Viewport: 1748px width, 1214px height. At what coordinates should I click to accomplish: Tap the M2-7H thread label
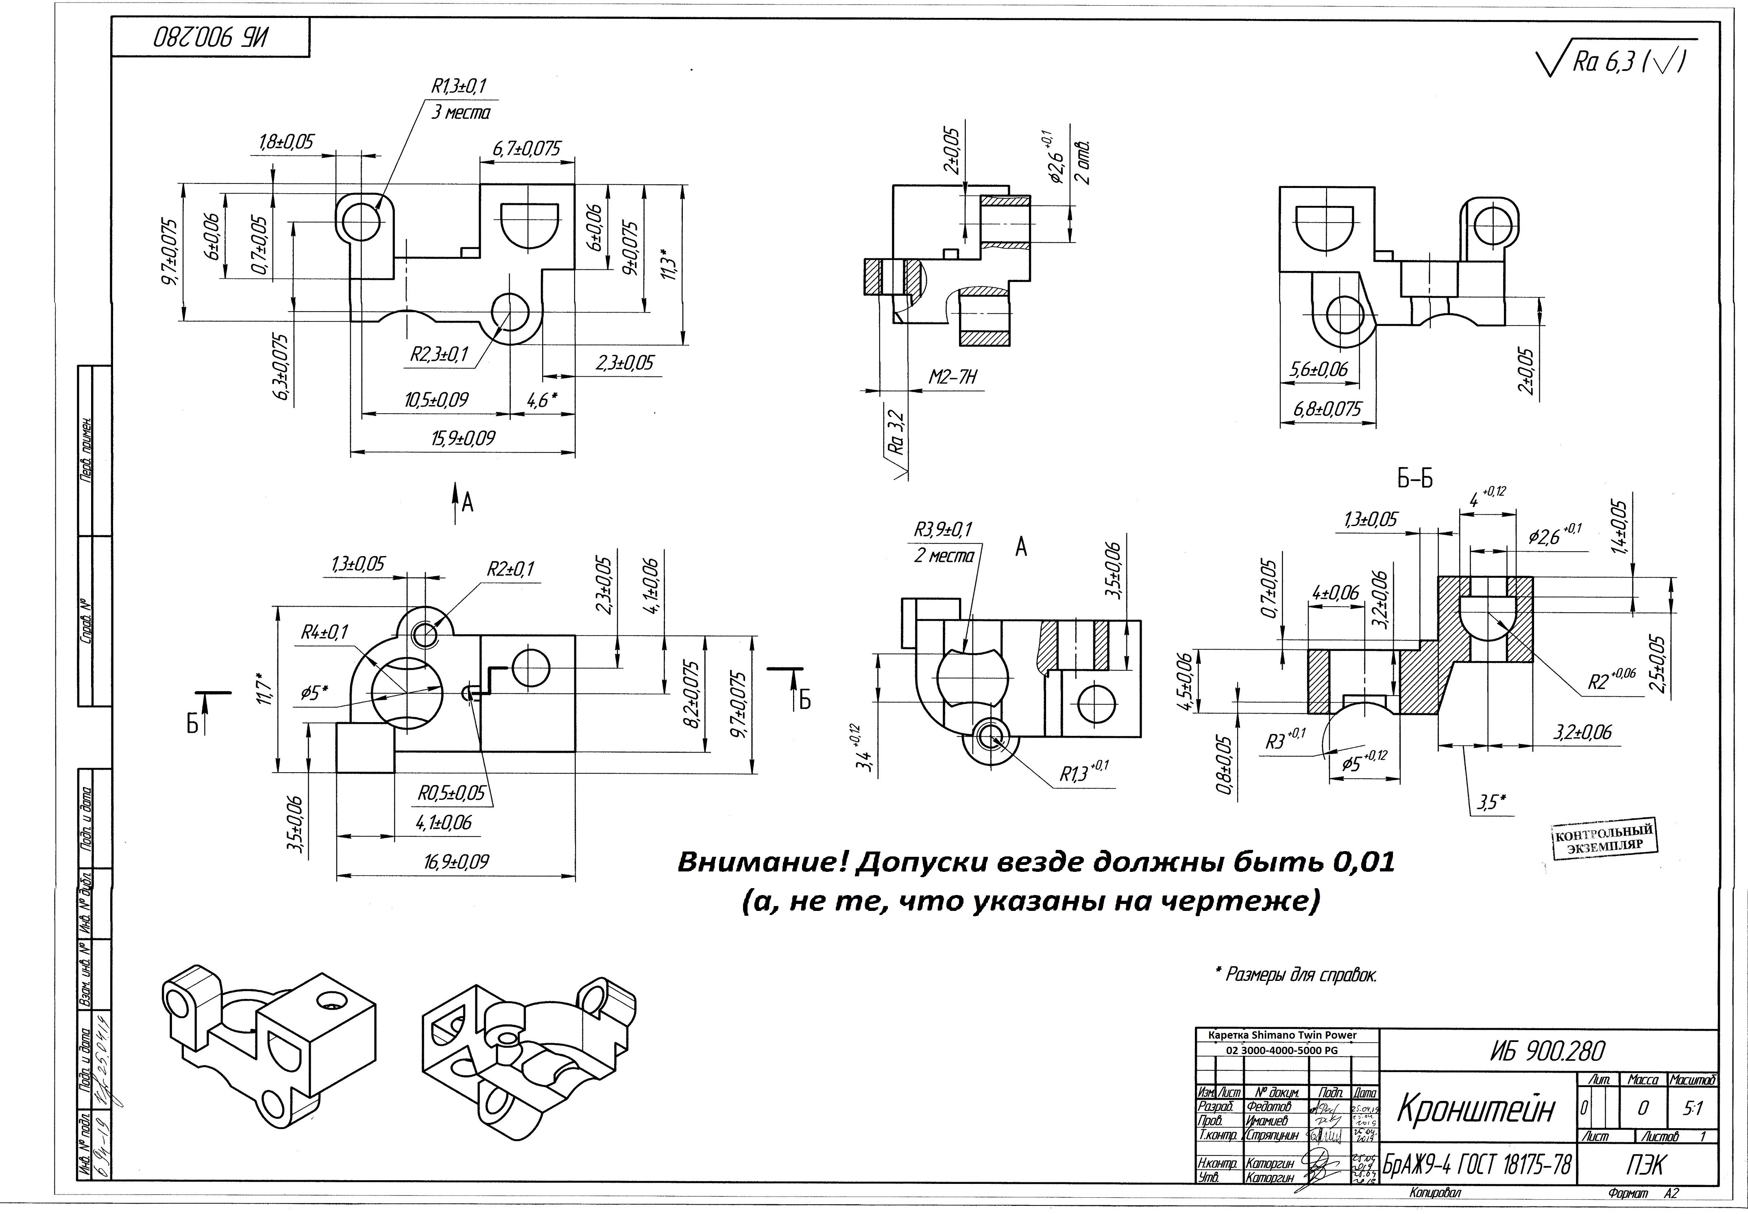[x=952, y=377]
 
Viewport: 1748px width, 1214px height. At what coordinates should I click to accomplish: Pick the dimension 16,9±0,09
[x=456, y=862]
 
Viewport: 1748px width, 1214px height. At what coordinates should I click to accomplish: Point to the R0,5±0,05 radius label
[x=451, y=793]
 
